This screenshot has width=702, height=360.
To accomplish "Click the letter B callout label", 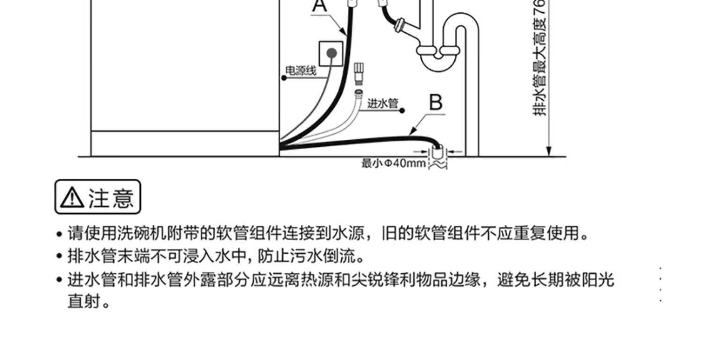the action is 436,102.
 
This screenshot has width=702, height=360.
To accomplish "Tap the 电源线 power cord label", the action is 301,71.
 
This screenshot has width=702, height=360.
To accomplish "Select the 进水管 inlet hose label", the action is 382,103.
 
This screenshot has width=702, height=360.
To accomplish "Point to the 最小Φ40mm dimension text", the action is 394,163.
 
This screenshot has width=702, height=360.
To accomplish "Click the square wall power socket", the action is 331,53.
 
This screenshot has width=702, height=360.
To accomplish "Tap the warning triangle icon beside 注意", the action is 73,198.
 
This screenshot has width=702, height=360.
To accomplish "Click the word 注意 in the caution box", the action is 111,197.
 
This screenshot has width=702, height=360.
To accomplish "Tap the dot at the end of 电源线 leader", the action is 284,78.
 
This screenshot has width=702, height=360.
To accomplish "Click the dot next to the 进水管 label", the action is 402,110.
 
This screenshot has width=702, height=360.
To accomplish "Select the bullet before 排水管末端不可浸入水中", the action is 59,257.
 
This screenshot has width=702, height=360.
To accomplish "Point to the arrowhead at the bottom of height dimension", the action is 549,151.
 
